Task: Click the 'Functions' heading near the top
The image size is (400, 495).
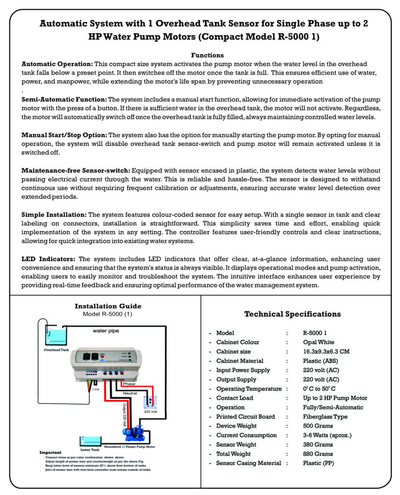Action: pos(207,56)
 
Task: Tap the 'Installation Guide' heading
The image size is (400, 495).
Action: pos(108,306)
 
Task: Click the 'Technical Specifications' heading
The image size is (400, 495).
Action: pos(292,314)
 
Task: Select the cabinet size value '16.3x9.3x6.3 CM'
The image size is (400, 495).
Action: pos(326,351)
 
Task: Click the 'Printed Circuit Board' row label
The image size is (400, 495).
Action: pos(245,417)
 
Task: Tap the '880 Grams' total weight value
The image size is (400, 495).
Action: pos(318,454)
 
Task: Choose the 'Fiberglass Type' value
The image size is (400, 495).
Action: pos(325,417)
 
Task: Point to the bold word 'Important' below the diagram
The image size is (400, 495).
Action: pos(50,452)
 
